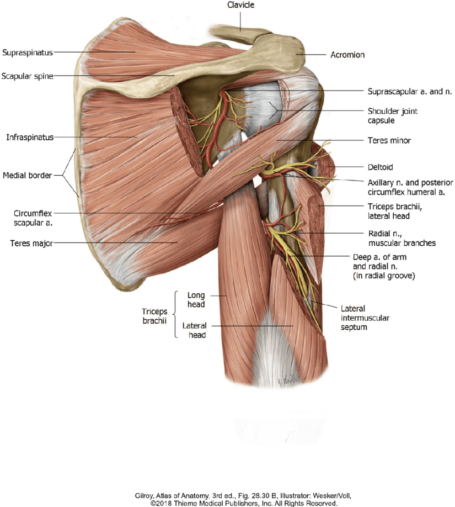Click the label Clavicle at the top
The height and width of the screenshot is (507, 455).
[x=242, y=5]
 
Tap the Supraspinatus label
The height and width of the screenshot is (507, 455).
[x=27, y=53]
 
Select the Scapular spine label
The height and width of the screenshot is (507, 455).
[x=27, y=76]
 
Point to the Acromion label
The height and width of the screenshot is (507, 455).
[x=347, y=55]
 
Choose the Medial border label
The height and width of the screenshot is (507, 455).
[x=27, y=176]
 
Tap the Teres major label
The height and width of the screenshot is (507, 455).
[x=31, y=242]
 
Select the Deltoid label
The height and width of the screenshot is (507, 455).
[x=381, y=166]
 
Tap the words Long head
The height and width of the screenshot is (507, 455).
[x=196, y=299]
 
